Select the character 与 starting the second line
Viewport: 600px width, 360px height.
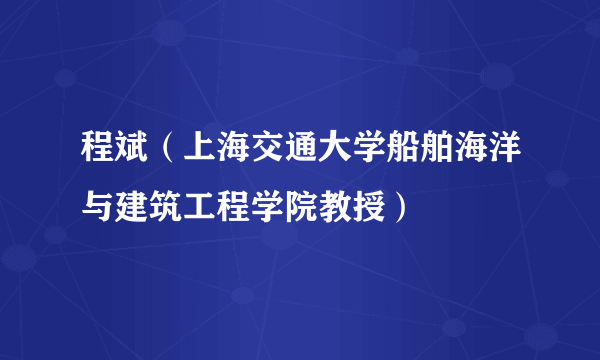pos(98,209)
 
